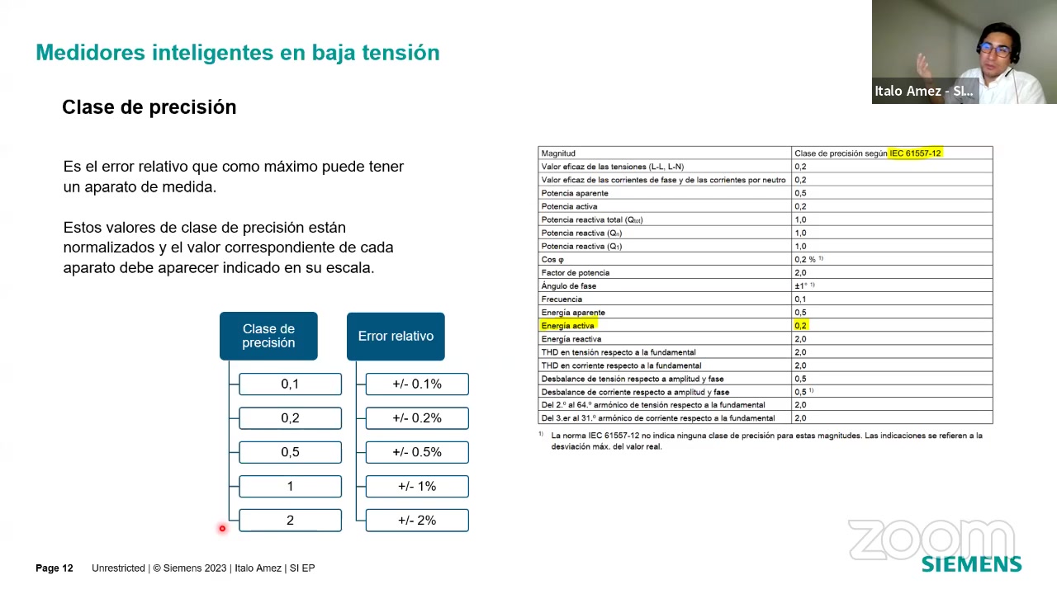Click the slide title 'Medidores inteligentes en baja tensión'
(x=238, y=52)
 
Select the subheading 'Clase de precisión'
(x=149, y=107)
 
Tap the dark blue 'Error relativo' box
(x=396, y=336)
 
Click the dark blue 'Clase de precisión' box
(x=268, y=336)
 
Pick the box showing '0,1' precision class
(x=290, y=384)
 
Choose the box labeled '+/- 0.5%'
(x=417, y=452)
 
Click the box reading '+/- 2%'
(x=417, y=520)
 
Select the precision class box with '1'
(x=290, y=486)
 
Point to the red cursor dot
(x=222, y=529)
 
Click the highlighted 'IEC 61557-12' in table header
(x=915, y=153)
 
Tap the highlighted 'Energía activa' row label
(x=567, y=325)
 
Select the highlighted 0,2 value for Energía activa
(x=801, y=325)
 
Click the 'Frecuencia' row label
(x=562, y=299)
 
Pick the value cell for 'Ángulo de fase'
(x=892, y=285)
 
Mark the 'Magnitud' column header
(x=558, y=153)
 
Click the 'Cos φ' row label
(x=552, y=259)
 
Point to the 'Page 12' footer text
(x=55, y=568)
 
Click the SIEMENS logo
(x=971, y=564)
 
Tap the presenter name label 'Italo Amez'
(x=908, y=91)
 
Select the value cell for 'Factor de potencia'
(x=892, y=272)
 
